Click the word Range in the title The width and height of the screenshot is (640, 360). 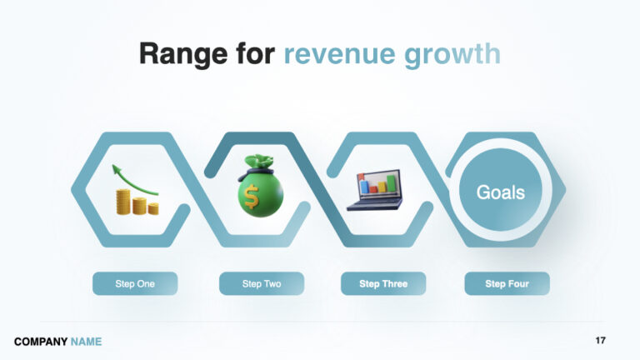pyautogui.click(x=177, y=53)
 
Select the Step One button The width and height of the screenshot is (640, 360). pyautogui.click(x=135, y=283)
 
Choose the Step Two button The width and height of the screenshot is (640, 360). pyautogui.click(x=262, y=283)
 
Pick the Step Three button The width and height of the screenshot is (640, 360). pyautogui.click(x=383, y=283)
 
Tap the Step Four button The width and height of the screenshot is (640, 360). pyautogui.click(x=507, y=283)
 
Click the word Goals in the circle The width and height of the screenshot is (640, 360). pyautogui.click(x=500, y=192)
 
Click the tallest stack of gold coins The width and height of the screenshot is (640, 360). pyautogui.click(x=124, y=202)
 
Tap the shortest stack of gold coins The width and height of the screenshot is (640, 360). pyautogui.click(x=152, y=207)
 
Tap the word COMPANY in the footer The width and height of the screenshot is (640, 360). pyautogui.click(x=41, y=342)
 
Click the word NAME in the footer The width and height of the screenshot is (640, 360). pyautogui.click(x=87, y=342)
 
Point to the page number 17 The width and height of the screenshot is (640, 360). pyautogui.click(x=601, y=341)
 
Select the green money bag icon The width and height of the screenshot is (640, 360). pyautogui.click(x=261, y=187)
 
